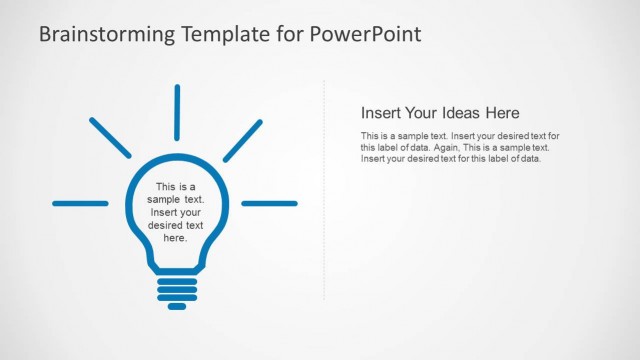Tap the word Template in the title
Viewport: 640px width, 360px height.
226,35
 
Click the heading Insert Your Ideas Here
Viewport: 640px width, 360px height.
440,113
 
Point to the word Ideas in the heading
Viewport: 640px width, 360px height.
458,113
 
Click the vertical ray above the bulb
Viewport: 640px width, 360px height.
177,112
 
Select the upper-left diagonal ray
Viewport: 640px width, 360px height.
110,138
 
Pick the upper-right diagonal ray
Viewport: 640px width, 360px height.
242,140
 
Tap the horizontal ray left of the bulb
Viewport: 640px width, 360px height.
80,203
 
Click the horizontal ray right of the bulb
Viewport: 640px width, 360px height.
269,203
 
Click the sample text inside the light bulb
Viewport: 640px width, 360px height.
176,212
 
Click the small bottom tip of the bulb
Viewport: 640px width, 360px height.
177,306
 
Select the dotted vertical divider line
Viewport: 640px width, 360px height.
324,190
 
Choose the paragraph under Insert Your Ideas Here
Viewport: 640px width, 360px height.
460,147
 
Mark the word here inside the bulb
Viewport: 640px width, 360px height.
175,238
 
